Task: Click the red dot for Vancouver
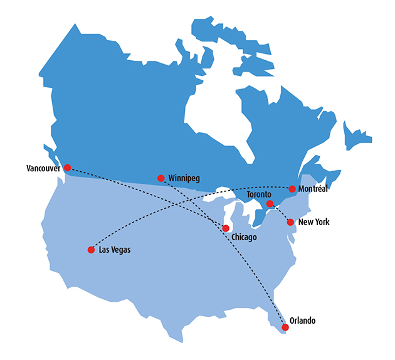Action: point(68,168)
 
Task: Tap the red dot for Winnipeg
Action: point(161,178)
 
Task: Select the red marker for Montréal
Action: point(292,189)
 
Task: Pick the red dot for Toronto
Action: point(270,204)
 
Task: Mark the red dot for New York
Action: point(290,222)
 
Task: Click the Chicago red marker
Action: point(226,228)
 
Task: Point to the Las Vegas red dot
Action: point(91,250)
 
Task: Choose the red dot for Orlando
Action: point(285,327)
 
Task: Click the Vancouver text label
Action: point(43,169)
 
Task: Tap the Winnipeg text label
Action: point(184,179)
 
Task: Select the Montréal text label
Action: point(314,189)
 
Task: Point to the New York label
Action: point(314,223)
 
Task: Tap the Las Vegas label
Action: point(116,250)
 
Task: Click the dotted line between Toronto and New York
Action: point(280,213)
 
